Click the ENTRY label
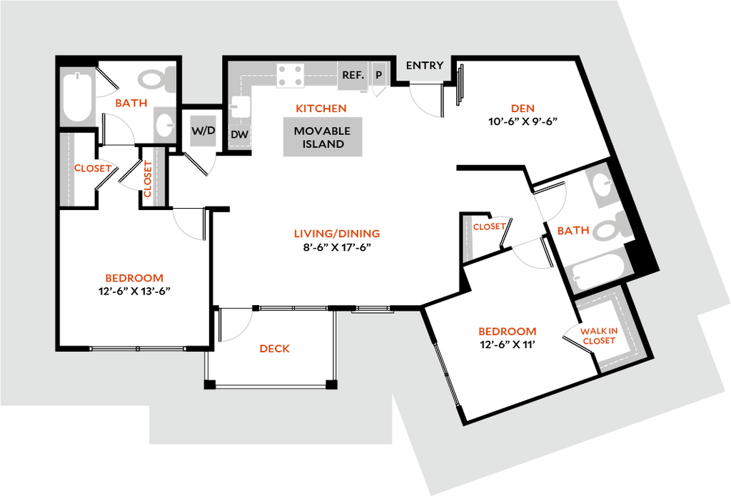425,66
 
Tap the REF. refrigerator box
353,75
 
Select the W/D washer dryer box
203,131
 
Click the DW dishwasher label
239,134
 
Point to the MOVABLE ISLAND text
322,137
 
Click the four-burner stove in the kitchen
291,76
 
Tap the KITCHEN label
321,109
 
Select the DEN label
523,109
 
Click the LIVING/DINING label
337,234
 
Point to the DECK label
276,349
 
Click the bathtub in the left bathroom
77,98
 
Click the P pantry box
378,75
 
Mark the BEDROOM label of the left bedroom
134,278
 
